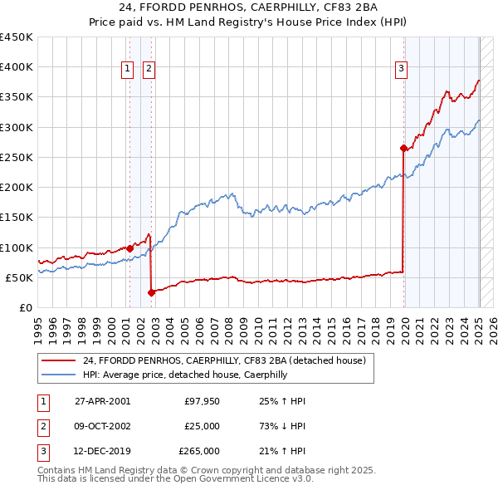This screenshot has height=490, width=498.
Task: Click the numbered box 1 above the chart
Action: pos(129,70)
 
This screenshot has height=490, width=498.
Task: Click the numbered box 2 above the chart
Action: pos(149,70)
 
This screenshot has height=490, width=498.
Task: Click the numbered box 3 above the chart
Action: pos(401,70)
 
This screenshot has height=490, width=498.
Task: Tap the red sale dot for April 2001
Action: pos(130,247)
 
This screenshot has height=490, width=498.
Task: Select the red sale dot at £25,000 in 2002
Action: pos(152,292)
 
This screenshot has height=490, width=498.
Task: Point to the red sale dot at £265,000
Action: pos(403,148)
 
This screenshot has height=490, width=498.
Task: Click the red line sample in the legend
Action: pos(58,360)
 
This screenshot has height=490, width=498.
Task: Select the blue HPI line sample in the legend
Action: pos(58,375)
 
